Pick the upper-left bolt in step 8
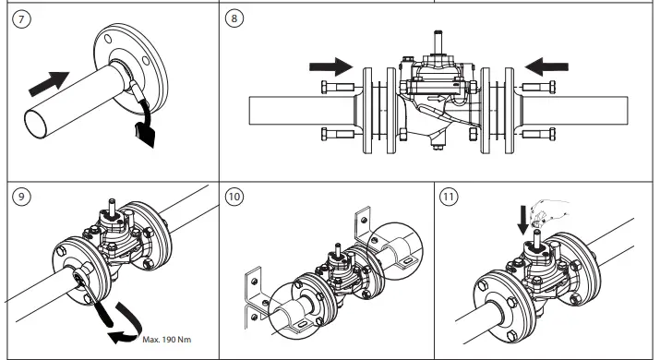coord(338,89)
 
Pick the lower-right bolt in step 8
coord(538,136)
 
